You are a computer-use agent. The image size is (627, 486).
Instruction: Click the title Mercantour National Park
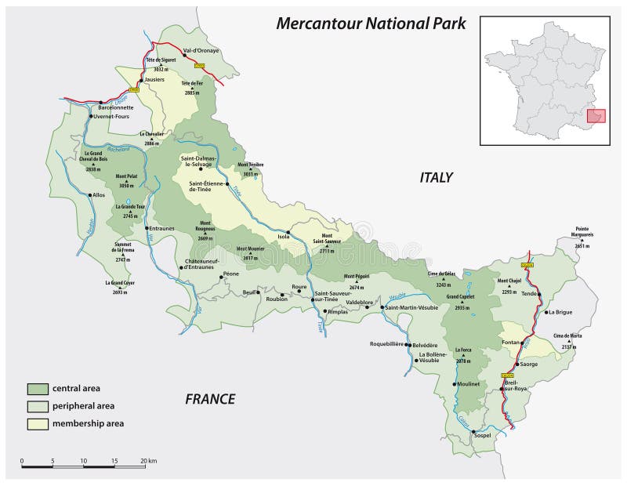(371, 24)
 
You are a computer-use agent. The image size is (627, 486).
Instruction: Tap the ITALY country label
(437, 177)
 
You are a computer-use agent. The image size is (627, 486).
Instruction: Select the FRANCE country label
(210, 399)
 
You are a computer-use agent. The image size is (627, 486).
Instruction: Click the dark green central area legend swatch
(38, 389)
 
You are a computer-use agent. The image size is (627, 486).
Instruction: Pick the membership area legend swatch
(38, 423)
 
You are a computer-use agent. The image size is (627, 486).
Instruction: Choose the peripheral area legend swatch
(38, 406)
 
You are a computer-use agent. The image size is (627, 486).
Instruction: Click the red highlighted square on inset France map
(596, 116)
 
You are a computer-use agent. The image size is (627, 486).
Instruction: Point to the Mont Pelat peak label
(127, 177)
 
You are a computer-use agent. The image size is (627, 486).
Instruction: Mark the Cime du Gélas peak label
(441, 274)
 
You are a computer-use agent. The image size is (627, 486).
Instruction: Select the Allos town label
(98, 194)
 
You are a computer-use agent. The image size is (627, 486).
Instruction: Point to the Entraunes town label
(161, 227)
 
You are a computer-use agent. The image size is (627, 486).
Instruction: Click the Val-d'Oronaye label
(201, 51)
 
